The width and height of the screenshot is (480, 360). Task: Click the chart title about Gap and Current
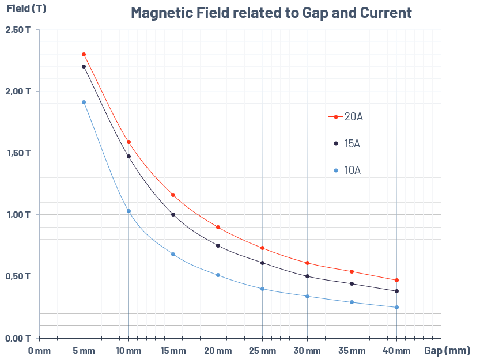(271, 13)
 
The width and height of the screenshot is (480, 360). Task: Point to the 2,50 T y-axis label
(18, 30)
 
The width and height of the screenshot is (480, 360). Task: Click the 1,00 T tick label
(18, 215)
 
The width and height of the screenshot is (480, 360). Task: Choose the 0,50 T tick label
(18, 276)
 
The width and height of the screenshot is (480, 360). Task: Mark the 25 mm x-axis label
(262, 350)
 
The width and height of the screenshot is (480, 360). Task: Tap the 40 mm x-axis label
(396, 350)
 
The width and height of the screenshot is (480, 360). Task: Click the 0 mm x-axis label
(39, 350)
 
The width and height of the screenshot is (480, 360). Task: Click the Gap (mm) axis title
(447, 350)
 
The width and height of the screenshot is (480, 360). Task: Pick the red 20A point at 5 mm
(84, 55)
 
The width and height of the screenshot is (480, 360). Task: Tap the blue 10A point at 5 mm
(84, 103)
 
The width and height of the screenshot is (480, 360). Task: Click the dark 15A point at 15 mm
(173, 215)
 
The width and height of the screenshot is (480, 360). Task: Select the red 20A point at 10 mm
(128, 142)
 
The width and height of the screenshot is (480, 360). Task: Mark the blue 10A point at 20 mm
(218, 275)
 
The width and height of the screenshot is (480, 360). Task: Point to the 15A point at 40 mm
(396, 291)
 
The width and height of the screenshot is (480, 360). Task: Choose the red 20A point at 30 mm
(307, 263)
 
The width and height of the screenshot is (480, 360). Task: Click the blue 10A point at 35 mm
(352, 302)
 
